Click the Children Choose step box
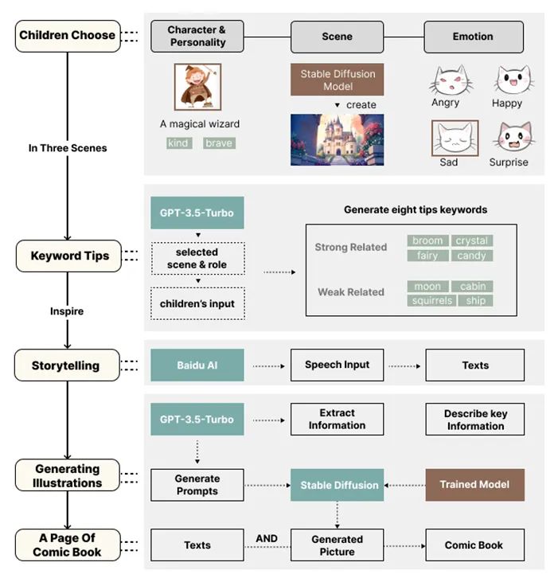[67, 36]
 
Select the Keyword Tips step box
[67, 256]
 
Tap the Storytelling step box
[67, 365]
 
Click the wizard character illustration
[198, 87]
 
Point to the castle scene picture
[337, 139]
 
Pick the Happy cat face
[508, 81]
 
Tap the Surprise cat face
[510, 139]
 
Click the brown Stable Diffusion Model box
[338, 80]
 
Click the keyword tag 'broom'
[428, 241]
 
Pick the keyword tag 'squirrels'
[433, 301]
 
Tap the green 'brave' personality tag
[219, 143]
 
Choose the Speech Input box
[337, 365]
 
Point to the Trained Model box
[474, 484]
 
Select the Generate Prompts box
[197, 485]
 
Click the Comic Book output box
[474, 545]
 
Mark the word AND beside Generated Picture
[267, 539]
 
